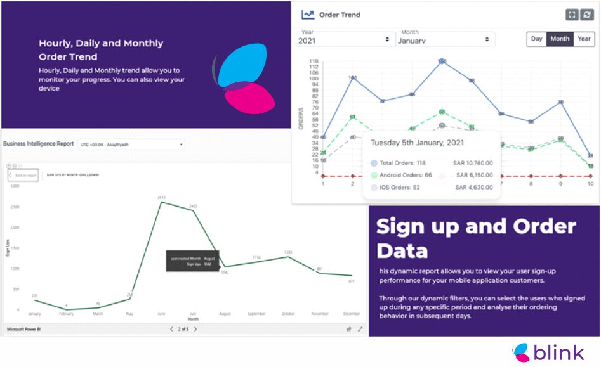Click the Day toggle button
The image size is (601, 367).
pyautogui.click(x=536, y=39)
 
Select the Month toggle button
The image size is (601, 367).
pyautogui.click(x=560, y=39)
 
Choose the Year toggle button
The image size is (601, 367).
pyautogui.click(x=584, y=39)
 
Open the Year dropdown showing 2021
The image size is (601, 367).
pyautogui.click(x=344, y=39)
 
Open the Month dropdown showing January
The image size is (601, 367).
pyautogui.click(x=444, y=39)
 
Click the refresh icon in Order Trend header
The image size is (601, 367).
pyautogui.click(x=586, y=15)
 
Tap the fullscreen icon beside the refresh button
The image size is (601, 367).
pyautogui.click(x=572, y=15)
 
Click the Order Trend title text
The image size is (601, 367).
pyautogui.click(x=340, y=15)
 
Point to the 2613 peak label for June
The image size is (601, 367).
pyautogui.click(x=162, y=198)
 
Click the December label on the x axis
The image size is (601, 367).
pyautogui.click(x=351, y=313)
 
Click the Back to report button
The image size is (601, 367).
pyautogui.click(x=23, y=175)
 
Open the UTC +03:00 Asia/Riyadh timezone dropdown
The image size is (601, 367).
pyautogui.click(x=131, y=145)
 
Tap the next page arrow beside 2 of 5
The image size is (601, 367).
pyautogui.click(x=195, y=329)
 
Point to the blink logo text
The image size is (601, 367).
pyautogui.click(x=558, y=352)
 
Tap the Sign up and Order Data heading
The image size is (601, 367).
pyautogui.click(x=476, y=238)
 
